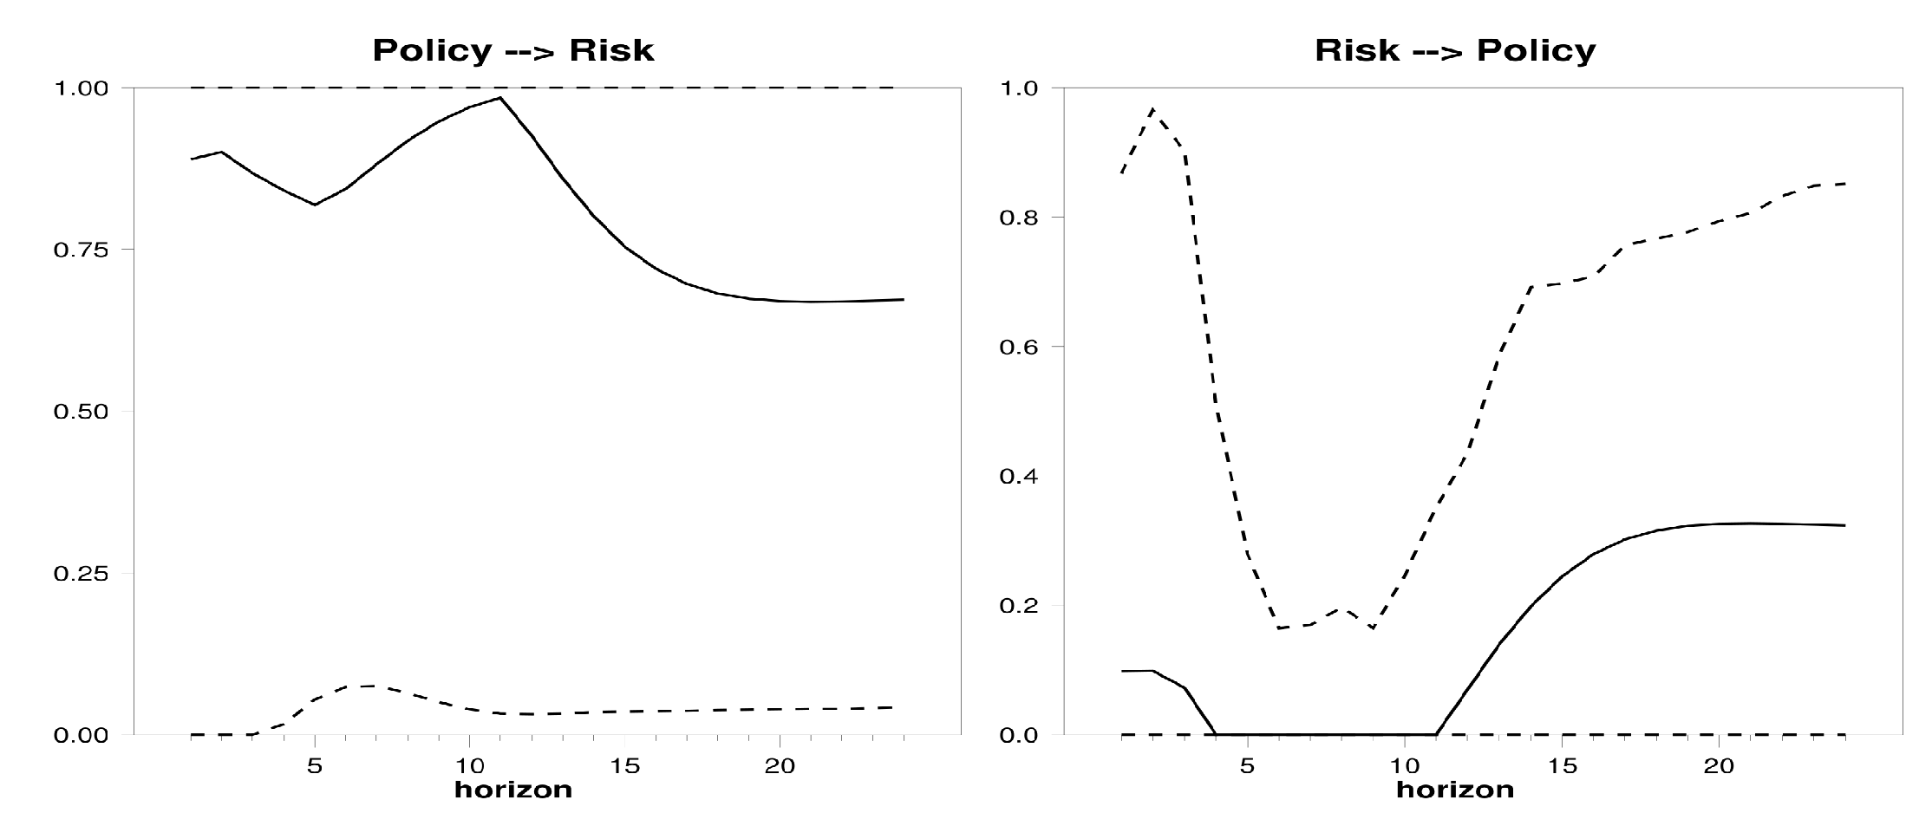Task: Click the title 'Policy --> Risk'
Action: pyautogui.click(x=512, y=51)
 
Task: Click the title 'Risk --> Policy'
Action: pyautogui.click(x=1454, y=51)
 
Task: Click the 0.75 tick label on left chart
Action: pyautogui.click(x=82, y=250)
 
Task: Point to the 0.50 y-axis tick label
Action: pyautogui.click(x=82, y=412)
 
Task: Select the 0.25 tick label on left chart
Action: pyautogui.click(x=82, y=574)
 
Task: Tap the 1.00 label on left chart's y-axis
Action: pyautogui.click(x=82, y=89)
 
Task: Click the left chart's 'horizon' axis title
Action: pyautogui.click(x=512, y=790)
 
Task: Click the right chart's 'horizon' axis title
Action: pyautogui.click(x=1454, y=790)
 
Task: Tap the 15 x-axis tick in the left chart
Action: pyautogui.click(x=624, y=765)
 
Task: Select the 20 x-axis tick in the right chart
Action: pyautogui.click(x=1719, y=765)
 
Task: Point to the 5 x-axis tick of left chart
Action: pyautogui.click(x=315, y=765)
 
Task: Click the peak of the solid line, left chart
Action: pyautogui.click(x=500, y=98)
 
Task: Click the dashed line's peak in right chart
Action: pyautogui.click(x=1152, y=109)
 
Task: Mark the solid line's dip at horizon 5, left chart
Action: pyautogui.click(x=315, y=205)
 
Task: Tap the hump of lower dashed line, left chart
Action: pyautogui.click(x=364, y=686)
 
